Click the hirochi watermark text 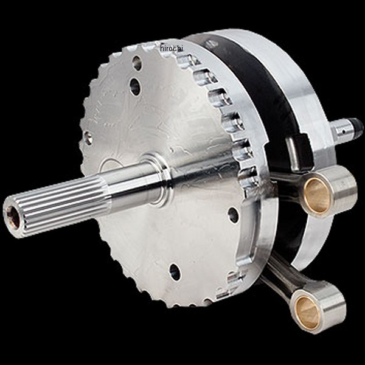172,48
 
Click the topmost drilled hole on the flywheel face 137,63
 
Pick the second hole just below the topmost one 135,86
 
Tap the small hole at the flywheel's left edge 88,138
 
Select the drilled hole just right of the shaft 233,215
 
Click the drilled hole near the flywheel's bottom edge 175,272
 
